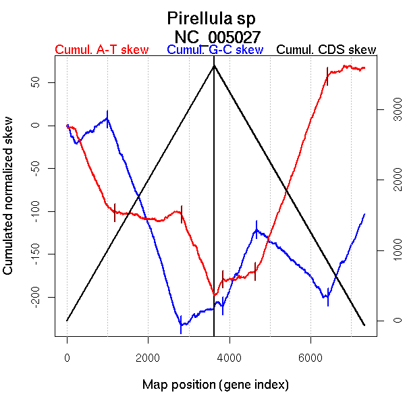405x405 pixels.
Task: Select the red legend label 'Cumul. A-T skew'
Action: point(101,50)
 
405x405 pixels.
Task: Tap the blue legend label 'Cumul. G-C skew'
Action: point(215,50)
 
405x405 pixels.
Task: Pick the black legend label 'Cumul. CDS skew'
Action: point(327,50)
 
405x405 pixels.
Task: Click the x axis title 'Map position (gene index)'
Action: point(215,385)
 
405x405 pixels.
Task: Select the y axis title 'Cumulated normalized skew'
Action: point(9,204)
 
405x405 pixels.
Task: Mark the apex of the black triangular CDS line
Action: point(214,65)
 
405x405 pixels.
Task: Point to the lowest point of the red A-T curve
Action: point(215,295)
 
